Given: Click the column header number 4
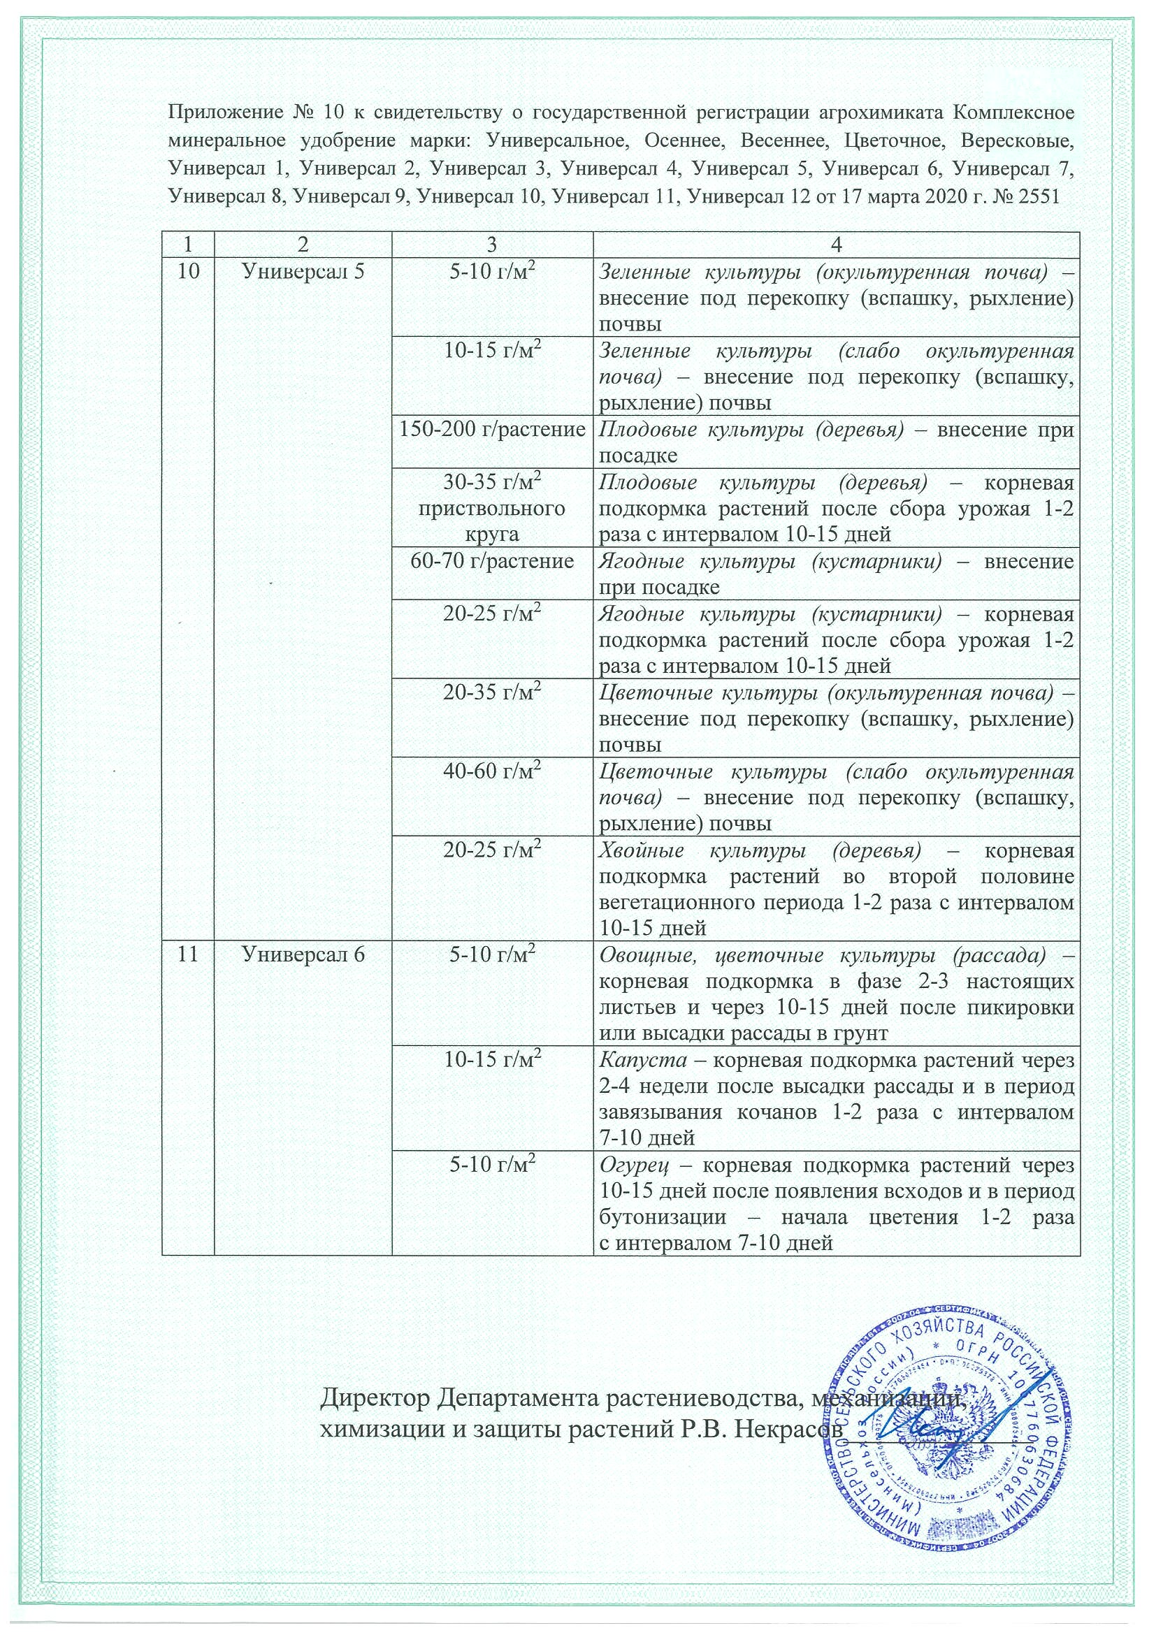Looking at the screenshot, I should (836, 245).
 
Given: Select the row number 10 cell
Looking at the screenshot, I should (188, 270).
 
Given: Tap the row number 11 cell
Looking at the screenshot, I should (188, 954).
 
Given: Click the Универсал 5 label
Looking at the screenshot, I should (303, 270).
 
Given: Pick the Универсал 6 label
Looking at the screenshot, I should (303, 954).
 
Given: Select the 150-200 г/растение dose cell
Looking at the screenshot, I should (492, 430).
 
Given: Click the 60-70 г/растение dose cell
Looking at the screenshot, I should (492, 561).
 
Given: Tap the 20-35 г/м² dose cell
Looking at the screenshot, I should (492, 692).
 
